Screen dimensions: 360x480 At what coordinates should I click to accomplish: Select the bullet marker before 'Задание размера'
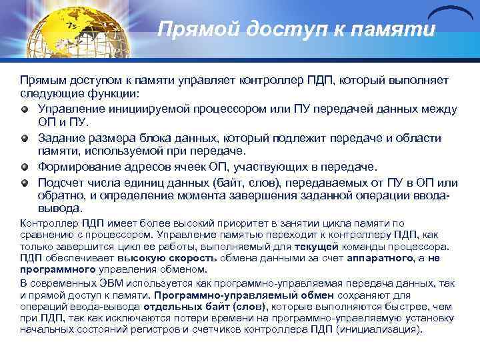[x=25, y=138]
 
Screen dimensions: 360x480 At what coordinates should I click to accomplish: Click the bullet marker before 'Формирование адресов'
[x=25, y=167]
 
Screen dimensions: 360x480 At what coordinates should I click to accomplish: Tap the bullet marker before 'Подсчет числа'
[x=25, y=182]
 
